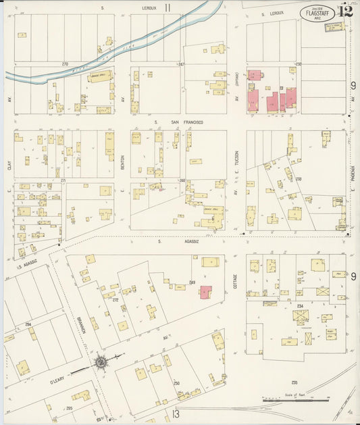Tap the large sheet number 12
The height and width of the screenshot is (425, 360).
pos(346,10)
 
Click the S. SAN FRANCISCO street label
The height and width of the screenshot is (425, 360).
pos(178,122)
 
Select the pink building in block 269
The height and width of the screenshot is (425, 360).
pos(205,292)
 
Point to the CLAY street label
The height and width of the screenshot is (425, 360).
pos(9,164)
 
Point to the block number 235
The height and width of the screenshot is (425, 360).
pos(294,382)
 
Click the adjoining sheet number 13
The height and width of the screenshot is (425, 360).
pos(176,414)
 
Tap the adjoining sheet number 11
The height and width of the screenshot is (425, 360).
pos(167,8)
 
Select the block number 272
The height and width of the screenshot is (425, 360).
pos(115,300)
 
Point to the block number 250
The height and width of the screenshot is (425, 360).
pos(177,382)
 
